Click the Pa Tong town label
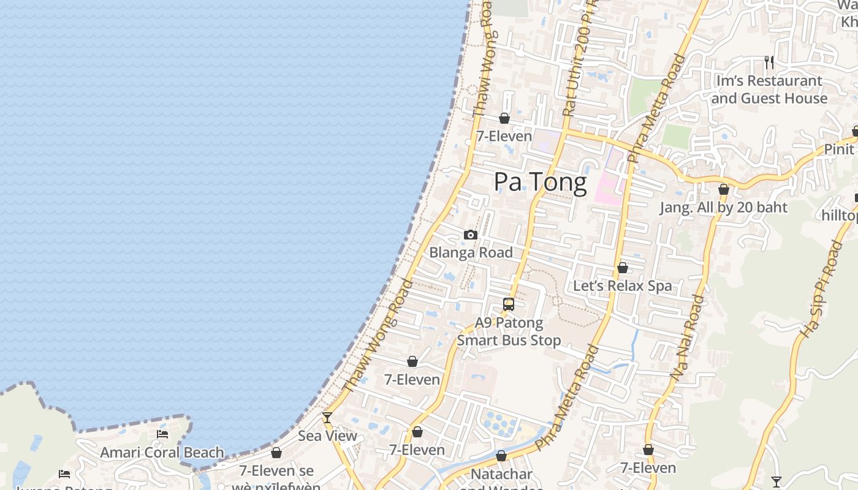click(x=540, y=182)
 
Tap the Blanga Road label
click(x=471, y=252)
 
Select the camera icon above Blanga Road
click(x=471, y=235)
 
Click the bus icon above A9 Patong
click(x=509, y=304)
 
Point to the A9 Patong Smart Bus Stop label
click(x=509, y=331)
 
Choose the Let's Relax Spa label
click(x=622, y=285)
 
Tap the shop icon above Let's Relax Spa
click(x=623, y=268)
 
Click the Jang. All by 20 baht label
click(x=723, y=207)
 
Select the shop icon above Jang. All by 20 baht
click(x=724, y=189)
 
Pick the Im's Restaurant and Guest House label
click(x=769, y=89)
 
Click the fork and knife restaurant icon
click(x=769, y=62)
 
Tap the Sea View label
click(x=327, y=435)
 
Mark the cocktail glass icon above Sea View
click(x=327, y=418)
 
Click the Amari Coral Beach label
click(x=162, y=453)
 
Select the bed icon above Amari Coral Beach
click(x=162, y=434)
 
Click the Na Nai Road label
click(x=688, y=338)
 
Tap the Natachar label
click(x=501, y=474)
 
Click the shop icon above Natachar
click(x=501, y=456)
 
